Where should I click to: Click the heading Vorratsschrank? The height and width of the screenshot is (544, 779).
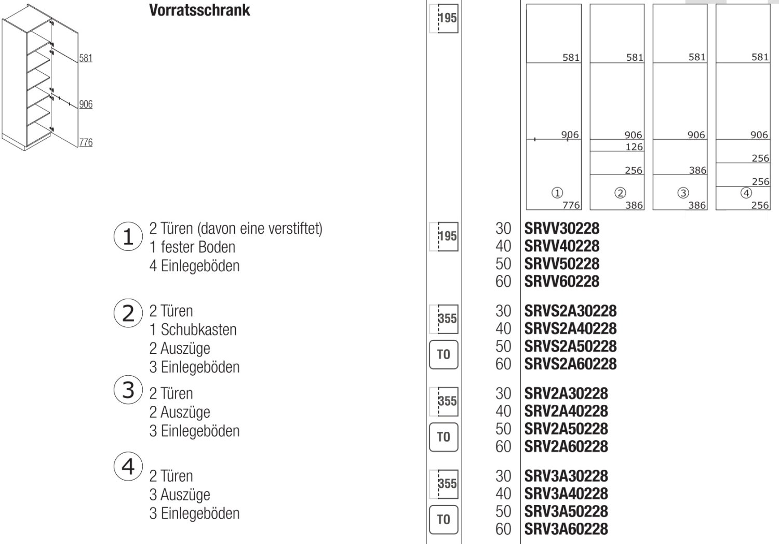(199, 10)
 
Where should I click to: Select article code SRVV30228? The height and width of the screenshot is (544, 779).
(561, 229)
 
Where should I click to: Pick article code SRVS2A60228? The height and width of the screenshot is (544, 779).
(570, 364)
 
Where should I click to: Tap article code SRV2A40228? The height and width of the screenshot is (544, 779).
(566, 411)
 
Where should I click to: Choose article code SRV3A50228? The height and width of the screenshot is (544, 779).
(566, 511)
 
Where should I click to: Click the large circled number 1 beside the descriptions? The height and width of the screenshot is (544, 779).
(128, 237)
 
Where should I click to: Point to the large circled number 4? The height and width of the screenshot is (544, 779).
(128, 467)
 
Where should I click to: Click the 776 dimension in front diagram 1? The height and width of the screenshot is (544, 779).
(571, 205)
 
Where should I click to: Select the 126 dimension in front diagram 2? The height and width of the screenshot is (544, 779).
(634, 147)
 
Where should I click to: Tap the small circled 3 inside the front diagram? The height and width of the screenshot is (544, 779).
(683, 193)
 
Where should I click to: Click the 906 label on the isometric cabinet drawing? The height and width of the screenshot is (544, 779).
(86, 104)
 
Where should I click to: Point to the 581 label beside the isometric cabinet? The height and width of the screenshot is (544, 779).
(86, 58)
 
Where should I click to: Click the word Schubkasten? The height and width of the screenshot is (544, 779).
(198, 329)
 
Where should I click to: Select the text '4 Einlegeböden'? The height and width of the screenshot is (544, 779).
(194, 266)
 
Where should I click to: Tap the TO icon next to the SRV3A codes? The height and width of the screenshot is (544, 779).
(444, 519)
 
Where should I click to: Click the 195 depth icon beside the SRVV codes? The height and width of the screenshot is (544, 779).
(444, 236)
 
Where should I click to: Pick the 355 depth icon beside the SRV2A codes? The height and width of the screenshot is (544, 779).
(444, 401)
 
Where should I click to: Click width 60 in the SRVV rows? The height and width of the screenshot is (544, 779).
(503, 282)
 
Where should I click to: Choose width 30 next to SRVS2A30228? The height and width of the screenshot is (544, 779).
(503, 311)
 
